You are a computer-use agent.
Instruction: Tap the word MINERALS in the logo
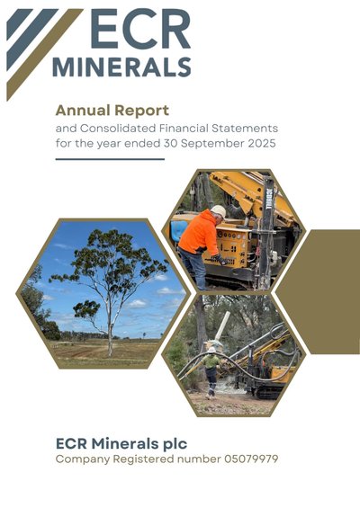(x=121, y=67)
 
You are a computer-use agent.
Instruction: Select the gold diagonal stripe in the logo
(x=44, y=53)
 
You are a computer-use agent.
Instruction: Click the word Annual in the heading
(x=83, y=111)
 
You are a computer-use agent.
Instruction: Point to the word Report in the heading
(x=141, y=111)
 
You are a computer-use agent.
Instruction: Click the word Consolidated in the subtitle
(x=118, y=129)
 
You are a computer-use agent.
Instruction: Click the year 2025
(x=262, y=143)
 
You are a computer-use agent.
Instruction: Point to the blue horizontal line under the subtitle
(x=110, y=159)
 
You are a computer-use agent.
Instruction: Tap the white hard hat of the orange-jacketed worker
(x=219, y=211)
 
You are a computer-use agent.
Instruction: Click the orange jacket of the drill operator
(x=199, y=233)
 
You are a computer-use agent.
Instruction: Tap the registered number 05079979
(x=251, y=459)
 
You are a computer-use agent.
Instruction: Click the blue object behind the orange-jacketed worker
(x=178, y=231)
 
